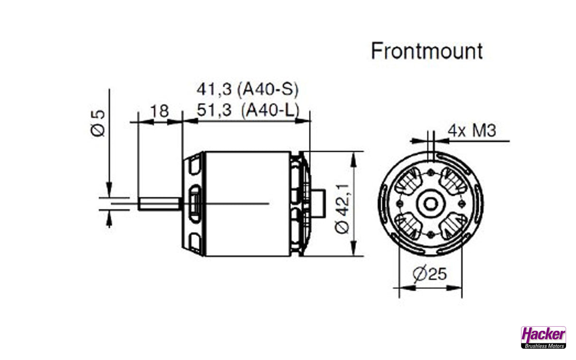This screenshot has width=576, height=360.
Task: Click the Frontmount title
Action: click(427, 51)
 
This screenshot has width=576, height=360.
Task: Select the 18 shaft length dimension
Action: click(159, 111)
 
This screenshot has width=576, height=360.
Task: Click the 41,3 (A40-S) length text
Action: click(247, 90)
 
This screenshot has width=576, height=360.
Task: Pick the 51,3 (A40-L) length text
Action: click(247, 111)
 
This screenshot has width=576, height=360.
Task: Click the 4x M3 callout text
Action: click(472, 130)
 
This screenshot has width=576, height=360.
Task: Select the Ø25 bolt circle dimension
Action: click(430, 274)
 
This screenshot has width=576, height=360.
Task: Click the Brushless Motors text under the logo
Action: click(543, 346)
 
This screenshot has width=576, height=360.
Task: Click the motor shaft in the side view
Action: click(159, 204)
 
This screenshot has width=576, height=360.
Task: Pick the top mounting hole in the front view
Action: click(430, 172)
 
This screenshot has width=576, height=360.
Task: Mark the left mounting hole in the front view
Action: click(399, 204)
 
